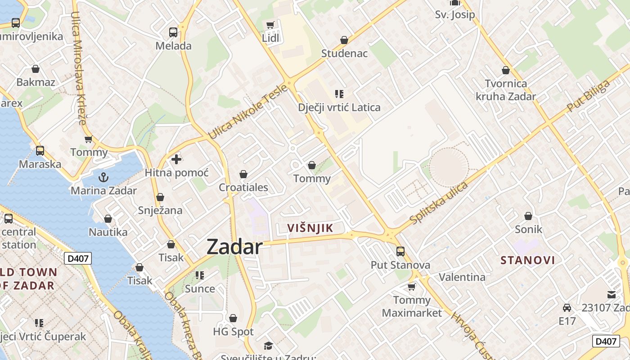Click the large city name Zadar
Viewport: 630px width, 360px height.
tap(234, 247)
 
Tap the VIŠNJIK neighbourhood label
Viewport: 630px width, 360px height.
tap(310, 228)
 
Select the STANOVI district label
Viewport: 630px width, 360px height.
tap(528, 260)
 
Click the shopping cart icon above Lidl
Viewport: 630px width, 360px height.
tap(270, 25)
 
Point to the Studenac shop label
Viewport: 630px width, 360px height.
tap(344, 53)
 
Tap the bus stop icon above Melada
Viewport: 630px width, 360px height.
tap(173, 32)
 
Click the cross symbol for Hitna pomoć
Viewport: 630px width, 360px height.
tap(176, 159)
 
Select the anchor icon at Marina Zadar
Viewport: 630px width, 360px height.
tap(103, 177)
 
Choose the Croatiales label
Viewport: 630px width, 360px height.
tap(243, 187)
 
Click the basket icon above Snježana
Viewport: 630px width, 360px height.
tap(160, 197)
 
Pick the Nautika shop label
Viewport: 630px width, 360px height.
tap(108, 232)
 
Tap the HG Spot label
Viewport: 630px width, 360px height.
tap(233, 332)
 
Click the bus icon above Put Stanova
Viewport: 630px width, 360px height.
tap(400, 252)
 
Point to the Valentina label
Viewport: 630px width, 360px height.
tap(462, 277)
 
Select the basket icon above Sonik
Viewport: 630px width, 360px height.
tap(528, 216)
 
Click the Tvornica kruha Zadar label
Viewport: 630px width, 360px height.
tap(506, 90)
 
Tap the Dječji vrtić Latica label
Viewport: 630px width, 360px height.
tap(339, 108)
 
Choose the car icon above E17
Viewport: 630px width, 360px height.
tap(567, 308)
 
